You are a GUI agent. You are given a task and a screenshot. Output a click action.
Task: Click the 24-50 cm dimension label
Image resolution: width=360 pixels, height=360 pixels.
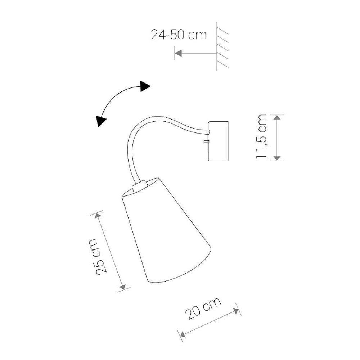tap(179, 35)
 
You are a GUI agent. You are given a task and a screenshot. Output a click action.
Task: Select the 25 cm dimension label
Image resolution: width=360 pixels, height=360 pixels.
tap(98, 256)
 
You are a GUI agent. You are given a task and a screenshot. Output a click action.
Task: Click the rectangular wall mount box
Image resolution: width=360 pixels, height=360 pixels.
tap(218, 141)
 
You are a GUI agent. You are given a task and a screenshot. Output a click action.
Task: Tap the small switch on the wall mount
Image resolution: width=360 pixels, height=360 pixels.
tap(206, 141)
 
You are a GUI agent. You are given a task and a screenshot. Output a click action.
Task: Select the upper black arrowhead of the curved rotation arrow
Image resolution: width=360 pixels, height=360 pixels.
tap(145, 86)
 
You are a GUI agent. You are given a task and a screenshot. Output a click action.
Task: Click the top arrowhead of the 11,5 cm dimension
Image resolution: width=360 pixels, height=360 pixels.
tap(277, 117)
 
